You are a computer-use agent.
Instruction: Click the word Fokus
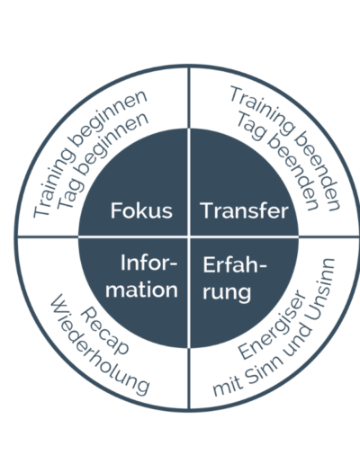tap(141, 210)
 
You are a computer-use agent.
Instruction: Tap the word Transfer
tap(244, 210)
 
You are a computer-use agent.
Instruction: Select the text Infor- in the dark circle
tap(149, 263)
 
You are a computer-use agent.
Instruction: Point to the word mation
tap(141, 290)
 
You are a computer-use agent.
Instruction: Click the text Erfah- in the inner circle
tap(235, 264)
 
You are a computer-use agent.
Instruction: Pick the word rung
tap(227, 292)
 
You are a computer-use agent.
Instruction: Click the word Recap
tap(104, 331)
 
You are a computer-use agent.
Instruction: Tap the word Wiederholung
tap(99, 344)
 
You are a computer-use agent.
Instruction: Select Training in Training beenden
tap(261, 110)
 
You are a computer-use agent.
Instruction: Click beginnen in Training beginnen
tap(109, 118)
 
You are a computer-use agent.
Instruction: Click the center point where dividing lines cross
tap(189, 237)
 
